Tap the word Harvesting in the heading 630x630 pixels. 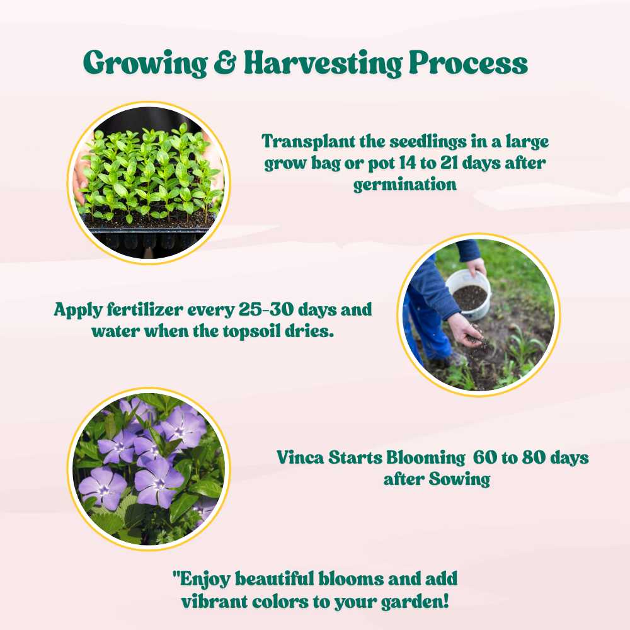point(323,64)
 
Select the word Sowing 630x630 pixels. point(459,479)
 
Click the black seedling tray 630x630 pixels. point(148,236)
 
